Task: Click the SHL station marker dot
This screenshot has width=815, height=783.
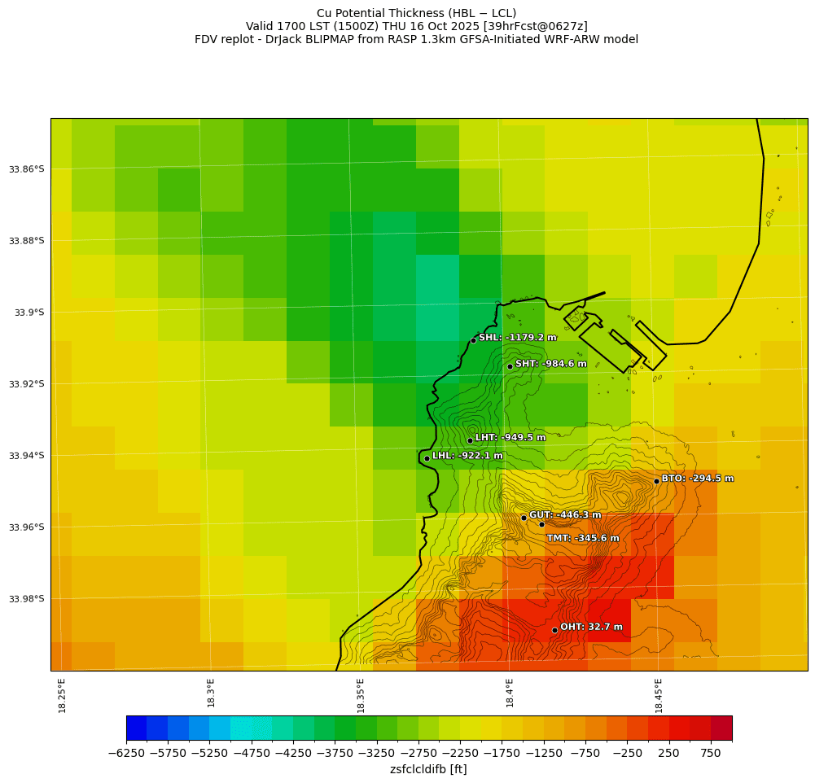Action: point(473,340)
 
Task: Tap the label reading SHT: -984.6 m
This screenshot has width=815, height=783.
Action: point(550,364)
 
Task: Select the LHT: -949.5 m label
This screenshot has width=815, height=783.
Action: point(510,438)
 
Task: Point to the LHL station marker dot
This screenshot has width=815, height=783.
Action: point(427,458)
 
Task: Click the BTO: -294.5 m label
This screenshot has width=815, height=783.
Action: point(697,479)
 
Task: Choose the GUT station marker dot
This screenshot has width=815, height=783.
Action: point(524,518)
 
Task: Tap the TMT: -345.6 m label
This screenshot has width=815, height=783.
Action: point(582,538)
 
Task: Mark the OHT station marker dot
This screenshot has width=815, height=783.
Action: point(554,630)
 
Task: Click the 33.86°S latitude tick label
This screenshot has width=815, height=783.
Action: point(27,169)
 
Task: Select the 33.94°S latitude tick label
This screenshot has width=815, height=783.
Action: point(27,456)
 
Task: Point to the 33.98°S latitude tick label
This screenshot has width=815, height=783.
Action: point(27,599)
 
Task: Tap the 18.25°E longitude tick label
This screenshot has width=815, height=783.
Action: point(63,695)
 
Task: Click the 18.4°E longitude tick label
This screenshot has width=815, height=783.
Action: point(510,695)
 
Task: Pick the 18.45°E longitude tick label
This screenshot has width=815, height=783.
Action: point(659,695)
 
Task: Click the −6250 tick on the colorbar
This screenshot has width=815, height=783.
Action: point(126,754)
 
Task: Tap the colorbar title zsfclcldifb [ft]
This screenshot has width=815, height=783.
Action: point(428,769)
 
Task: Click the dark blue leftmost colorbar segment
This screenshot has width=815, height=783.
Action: point(136,728)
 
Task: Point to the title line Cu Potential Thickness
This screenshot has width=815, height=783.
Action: point(416,13)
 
